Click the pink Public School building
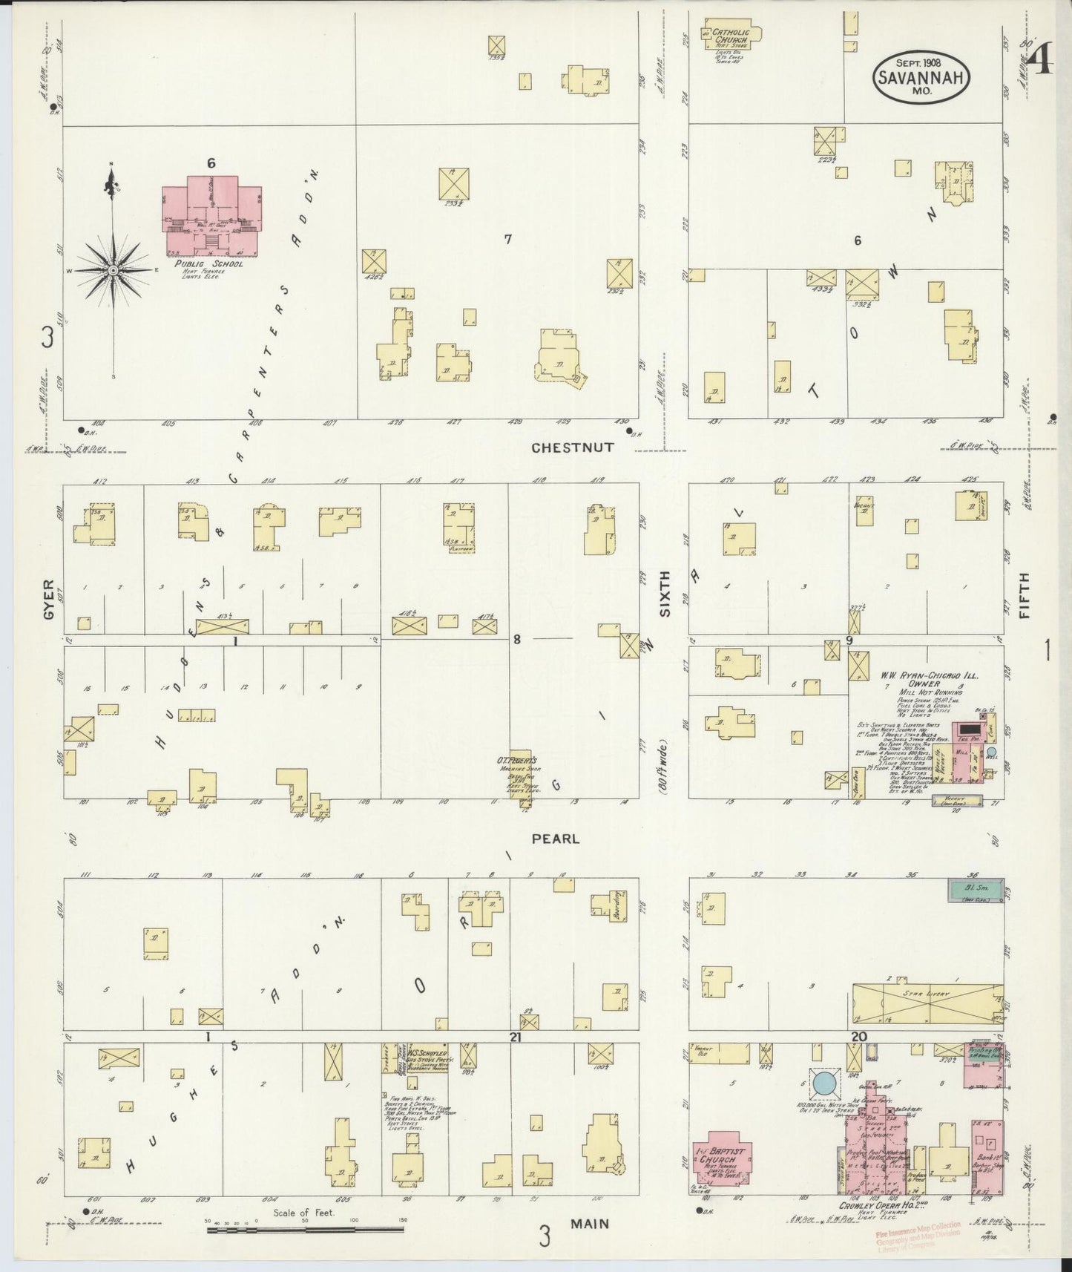[x=211, y=214]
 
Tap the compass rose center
[x=113, y=272]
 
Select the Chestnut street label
[x=573, y=448]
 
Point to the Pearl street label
[x=555, y=839]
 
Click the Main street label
[x=591, y=1224]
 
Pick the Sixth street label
[x=665, y=594]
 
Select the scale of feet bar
[x=305, y=1230]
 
